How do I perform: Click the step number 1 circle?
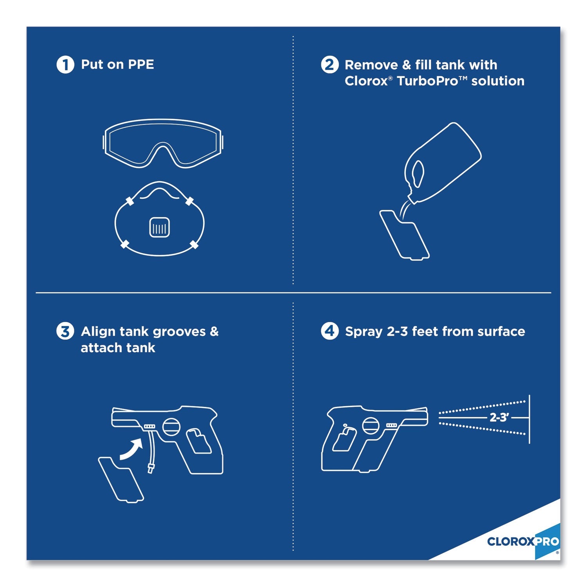pos(65,65)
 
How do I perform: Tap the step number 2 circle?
pos(330,65)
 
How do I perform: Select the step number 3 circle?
pos(65,331)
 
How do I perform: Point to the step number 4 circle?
pos(330,331)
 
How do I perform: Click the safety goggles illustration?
pos(163,144)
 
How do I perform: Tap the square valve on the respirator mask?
pos(160,227)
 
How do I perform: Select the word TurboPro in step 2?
pos(427,81)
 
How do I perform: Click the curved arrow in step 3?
pos(131,449)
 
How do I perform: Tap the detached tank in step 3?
pos(121,479)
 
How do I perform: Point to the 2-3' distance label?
pos(499,418)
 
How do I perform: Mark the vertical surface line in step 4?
pos(529,419)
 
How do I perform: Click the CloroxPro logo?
pos(523,542)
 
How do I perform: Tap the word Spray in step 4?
pos(364,332)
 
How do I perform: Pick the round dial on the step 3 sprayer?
pos(171,427)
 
